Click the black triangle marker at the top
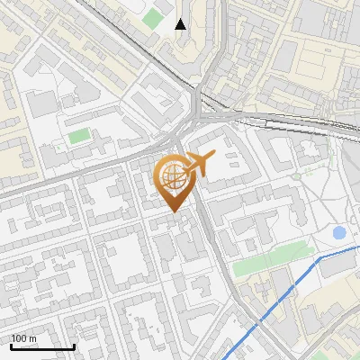tap(181, 24)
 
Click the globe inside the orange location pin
tap(171, 178)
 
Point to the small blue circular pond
tap(339, 233)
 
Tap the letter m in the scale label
tap(33, 338)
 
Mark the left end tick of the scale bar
tap(10, 346)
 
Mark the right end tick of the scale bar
tap(75, 346)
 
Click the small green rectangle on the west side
tap(80, 136)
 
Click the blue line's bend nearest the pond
tap(320, 257)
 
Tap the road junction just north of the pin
tap(181, 144)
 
